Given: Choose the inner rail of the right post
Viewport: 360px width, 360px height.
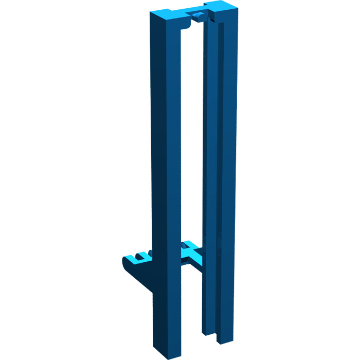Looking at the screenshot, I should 209,180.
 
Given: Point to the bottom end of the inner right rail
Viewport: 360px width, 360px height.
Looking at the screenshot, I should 207,332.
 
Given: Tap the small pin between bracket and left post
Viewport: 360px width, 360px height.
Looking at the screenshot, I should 150,253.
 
